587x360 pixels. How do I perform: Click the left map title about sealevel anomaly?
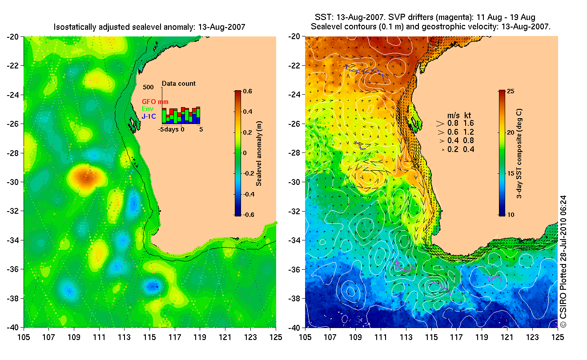tap(149, 28)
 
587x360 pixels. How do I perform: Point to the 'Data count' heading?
tap(178, 84)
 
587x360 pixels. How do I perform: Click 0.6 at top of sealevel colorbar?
tap(248, 91)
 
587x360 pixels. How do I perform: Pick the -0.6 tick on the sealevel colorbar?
tap(247, 215)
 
